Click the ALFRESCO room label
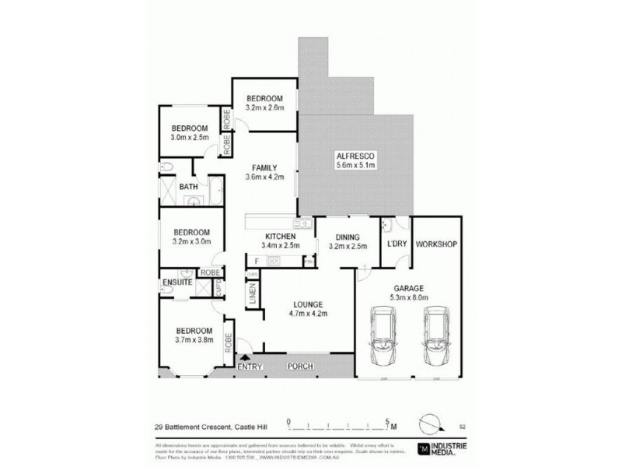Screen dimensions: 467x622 (x=355, y=155)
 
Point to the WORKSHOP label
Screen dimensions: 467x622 (x=435, y=244)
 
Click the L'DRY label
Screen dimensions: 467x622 (x=397, y=244)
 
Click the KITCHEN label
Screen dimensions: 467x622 (x=279, y=236)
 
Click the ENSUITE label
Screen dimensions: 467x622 (x=177, y=281)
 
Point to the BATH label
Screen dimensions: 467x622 (x=188, y=187)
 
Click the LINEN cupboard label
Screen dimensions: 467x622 (x=253, y=295)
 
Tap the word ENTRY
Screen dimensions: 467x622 (x=250, y=367)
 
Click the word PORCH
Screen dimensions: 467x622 (x=300, y=367)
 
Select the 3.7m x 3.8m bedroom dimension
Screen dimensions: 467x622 (x=192, y=340)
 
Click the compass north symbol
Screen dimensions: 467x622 (x=429, y=424)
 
